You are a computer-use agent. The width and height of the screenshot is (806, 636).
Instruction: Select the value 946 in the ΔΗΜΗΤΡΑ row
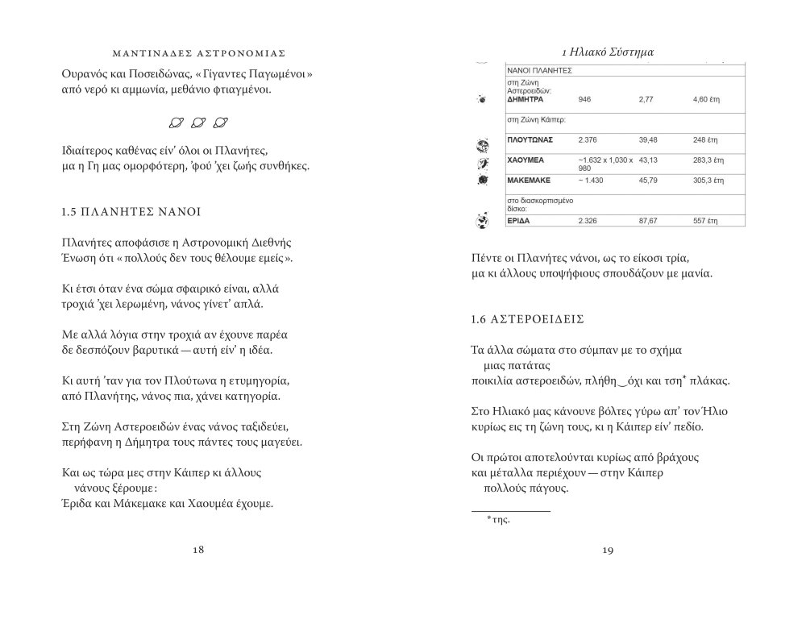585,98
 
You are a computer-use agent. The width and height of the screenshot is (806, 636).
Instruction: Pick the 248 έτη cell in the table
704,140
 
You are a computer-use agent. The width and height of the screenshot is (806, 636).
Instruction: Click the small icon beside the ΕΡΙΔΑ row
484,219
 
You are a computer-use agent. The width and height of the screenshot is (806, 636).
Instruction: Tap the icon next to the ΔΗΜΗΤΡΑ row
482,99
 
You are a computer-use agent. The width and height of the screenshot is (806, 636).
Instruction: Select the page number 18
199,550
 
